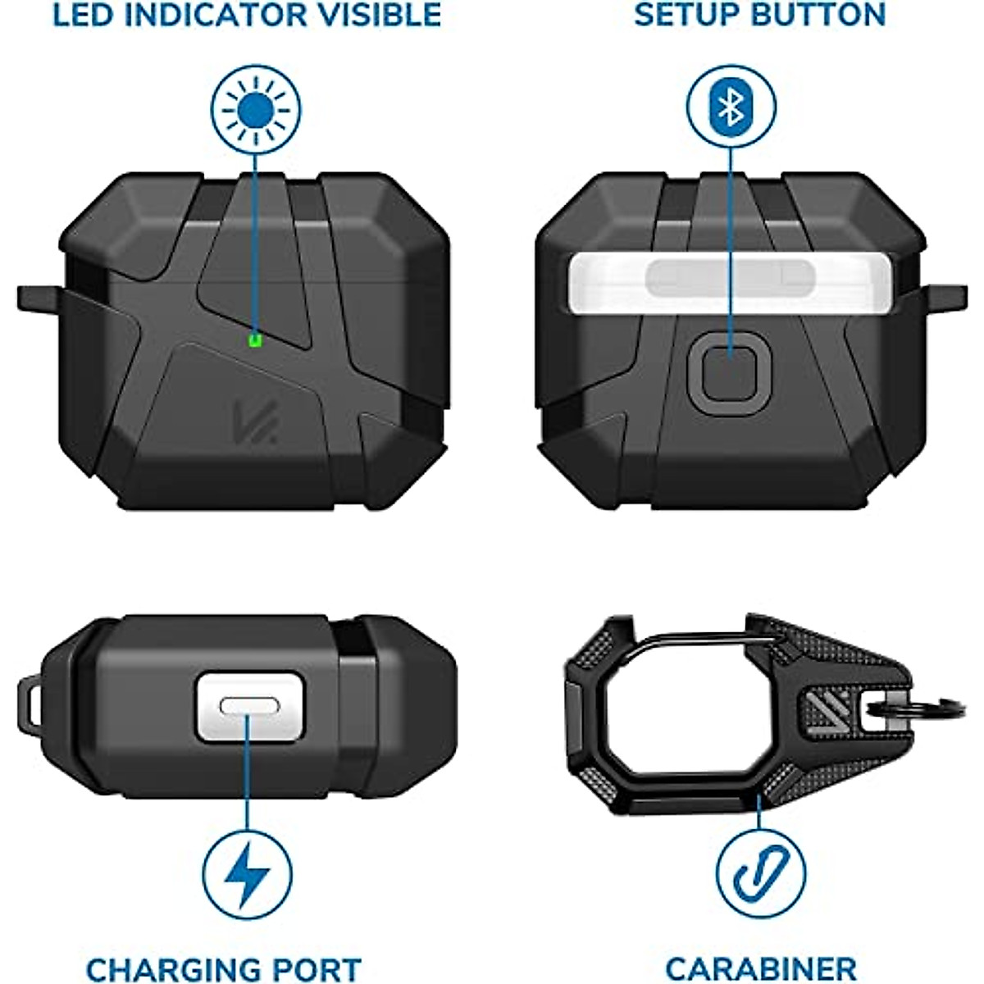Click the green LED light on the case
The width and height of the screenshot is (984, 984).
pyautogui.click(x=255, y=339)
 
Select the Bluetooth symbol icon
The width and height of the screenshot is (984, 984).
pyautogui.click(x=730, y=107)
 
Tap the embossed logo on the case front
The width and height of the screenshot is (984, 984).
pyautogui.click(x=255, y=420)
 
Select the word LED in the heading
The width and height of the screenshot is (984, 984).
pyautogui.click(x=83, y=15)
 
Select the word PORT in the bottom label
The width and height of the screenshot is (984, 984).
pyautogui.click(x=319, y=970)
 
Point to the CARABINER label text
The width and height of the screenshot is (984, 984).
pyautogui.click(x=761, y=969)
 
